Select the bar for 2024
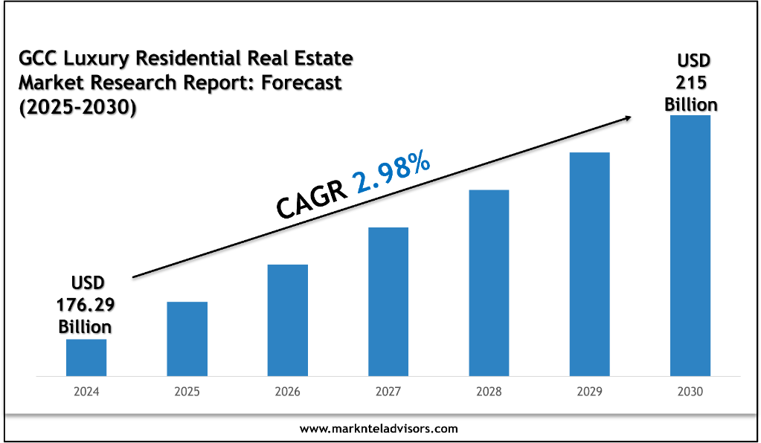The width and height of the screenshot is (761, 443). click(86, 357)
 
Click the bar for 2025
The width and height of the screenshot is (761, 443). click(187, 338)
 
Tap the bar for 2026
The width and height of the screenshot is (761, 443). click(288, 320)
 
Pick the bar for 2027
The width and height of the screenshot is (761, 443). click(388, 301)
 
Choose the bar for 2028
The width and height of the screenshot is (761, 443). click(489, 282)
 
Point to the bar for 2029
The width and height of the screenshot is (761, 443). click(590, 264)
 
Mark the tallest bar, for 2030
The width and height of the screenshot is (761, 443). click(690, 245)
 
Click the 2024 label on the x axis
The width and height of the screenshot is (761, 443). click(86, 391)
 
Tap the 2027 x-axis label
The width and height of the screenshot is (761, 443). click(388, 391)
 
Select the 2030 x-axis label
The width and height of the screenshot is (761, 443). click(690, 391)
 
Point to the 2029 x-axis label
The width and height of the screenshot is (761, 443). click(590, 391)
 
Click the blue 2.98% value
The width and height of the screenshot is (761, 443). click(394, 173)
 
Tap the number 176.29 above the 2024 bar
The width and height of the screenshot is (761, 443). click(86, 305)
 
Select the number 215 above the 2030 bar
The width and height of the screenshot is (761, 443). click(691, 82)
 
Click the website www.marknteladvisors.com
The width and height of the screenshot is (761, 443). click(379, 428)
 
